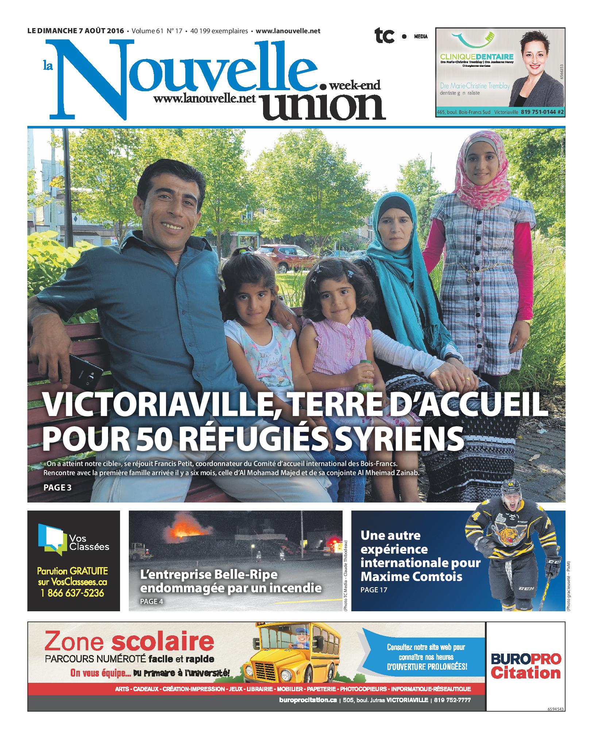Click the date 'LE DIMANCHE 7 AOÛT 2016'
coord(76,31)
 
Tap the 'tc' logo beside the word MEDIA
coord(385,36)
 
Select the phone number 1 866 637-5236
coord(73,593)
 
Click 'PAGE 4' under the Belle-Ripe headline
coord(152,601)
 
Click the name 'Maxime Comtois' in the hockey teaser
coord(411,577)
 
